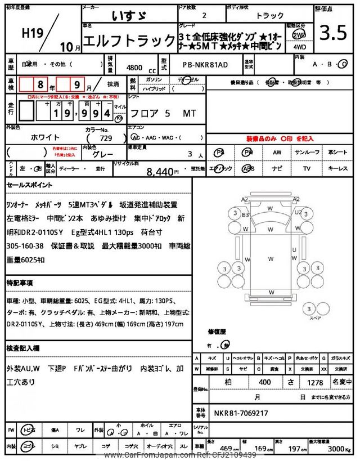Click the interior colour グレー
pyautogui.click(x=105, y=153)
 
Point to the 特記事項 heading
pyautogui.click(x=21, y=282)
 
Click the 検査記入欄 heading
pyautogui.click(x=24, y=348)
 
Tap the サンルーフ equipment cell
pyautogui.click(x=307, y=152)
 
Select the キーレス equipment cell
pyautogui.click(x=338, y=168)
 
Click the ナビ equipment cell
pyautogui.click(x=277, y=168)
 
